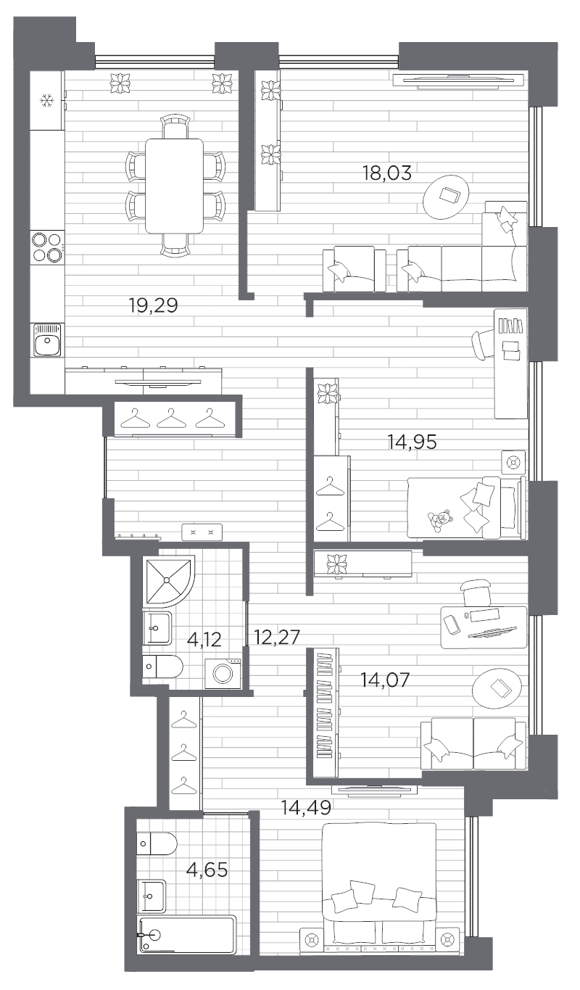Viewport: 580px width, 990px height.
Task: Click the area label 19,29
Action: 153,306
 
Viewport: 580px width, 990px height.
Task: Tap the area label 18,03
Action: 386,173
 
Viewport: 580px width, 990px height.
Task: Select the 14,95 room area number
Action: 412,441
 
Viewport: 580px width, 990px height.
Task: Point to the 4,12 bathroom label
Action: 204,639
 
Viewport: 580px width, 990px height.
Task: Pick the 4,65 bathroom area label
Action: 207,869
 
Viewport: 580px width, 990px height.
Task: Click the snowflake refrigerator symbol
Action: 47,101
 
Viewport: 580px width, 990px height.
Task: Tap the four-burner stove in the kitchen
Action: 47,246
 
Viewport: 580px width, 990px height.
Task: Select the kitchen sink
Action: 48,340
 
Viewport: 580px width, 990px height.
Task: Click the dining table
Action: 174,185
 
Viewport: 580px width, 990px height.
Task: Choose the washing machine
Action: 223,673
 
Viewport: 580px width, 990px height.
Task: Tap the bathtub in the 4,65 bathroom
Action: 187,936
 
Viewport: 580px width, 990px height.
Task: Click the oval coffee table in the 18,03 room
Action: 447,196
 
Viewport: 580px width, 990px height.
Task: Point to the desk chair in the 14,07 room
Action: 476,590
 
